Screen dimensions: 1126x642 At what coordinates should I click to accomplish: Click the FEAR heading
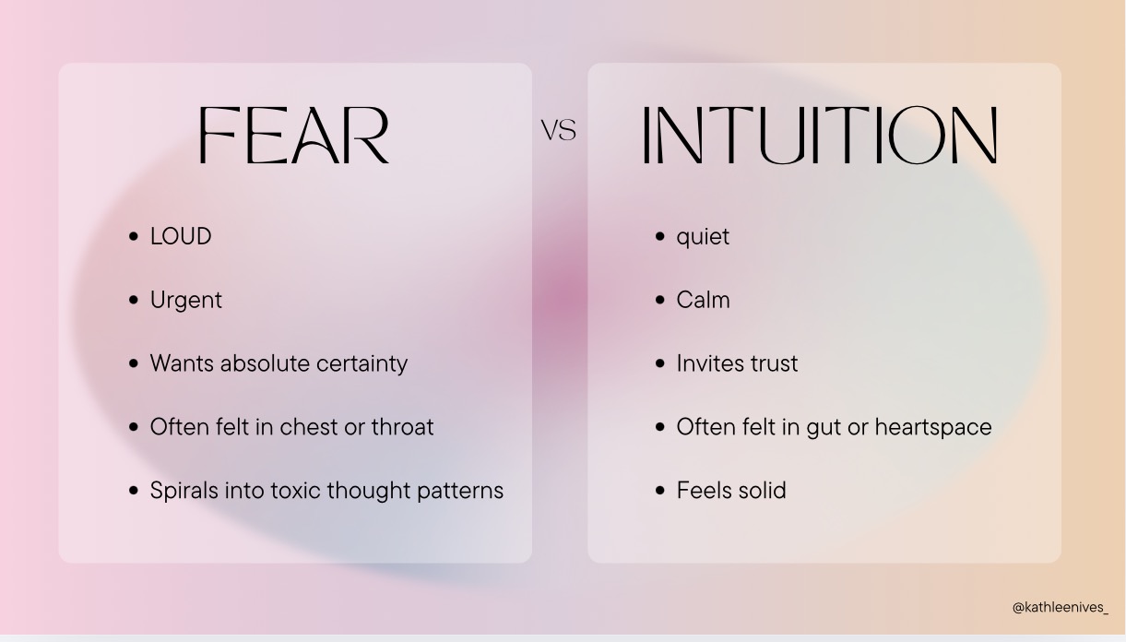[x=294, y=135]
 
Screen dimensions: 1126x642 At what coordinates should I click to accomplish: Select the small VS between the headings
[x=559, y=130]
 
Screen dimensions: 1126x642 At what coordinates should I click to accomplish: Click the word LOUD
[x=181, y=236]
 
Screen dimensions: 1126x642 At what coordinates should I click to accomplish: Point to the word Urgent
[x=186, y=300]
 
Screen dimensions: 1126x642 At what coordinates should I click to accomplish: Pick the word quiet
[x=703, y=237]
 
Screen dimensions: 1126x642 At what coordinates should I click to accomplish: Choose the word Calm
[x=704, y=300]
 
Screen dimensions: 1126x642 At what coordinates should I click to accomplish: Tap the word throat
[x=402, y=427]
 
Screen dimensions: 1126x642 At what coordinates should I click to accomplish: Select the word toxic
[x=296, y=491]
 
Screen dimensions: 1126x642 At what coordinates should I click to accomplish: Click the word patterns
[x=460, y=491]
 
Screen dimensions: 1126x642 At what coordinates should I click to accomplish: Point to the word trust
[x=774, y=364]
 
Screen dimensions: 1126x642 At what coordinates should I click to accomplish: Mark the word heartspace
[x=933, y=428]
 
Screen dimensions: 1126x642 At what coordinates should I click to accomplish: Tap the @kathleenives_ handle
[x=1061, y=607]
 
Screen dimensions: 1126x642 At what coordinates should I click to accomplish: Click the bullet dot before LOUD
[x=133, y=236]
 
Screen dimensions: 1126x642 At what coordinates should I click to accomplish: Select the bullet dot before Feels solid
[x=660, y=491]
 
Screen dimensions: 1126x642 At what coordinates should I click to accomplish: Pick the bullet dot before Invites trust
[x=660, y=363]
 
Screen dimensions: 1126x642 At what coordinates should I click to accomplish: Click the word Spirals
[x=184, y=491]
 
